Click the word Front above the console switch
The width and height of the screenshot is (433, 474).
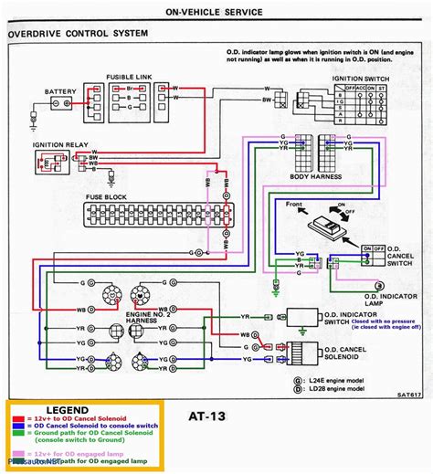(294, 204)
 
